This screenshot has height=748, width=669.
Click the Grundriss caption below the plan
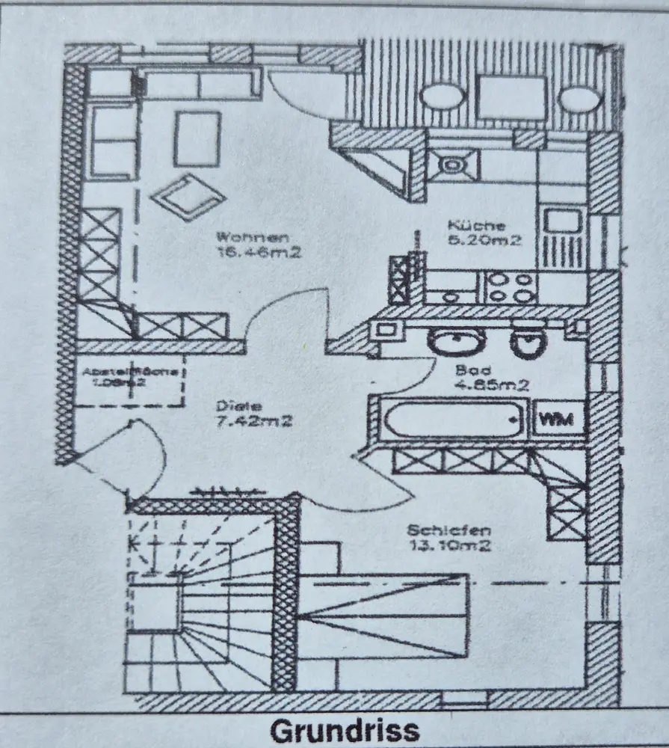point(345,730)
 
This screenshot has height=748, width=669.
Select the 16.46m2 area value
point(258,253)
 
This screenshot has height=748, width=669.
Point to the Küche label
point(476,225)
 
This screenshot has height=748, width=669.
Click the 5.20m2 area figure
point(484,240)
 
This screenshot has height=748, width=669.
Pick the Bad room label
point(474,370)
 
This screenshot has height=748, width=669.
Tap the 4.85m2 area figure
point(492,386)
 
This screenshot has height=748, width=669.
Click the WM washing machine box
point(558,420)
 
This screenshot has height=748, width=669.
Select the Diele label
point(232,406)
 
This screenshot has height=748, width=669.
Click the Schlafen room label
point(448,530)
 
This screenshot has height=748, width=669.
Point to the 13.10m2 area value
point(448,545)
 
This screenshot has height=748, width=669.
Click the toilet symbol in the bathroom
point(528,343)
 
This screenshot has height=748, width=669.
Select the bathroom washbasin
point(457,343)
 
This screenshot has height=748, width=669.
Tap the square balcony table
point(511,97)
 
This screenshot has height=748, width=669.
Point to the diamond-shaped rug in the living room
point(187,194)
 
